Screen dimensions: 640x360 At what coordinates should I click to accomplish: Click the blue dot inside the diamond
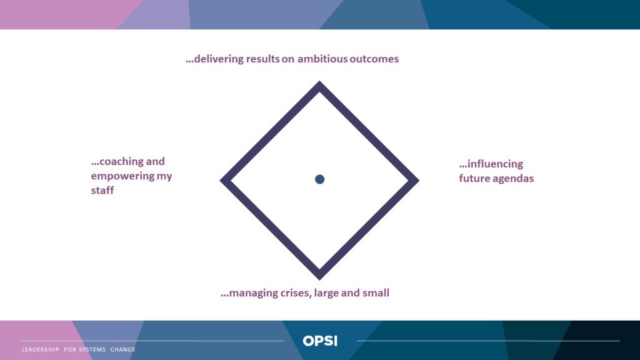(x=319, y=179)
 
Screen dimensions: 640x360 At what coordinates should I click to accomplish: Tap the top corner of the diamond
(x=319, y=82)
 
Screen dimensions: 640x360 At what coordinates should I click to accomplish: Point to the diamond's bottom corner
(x=319, y=279)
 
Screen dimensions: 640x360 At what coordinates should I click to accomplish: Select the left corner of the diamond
(x=221, y=181)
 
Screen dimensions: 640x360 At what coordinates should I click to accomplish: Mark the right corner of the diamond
(x=419, y=181)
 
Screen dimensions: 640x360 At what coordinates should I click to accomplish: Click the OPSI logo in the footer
(x=320, y=341)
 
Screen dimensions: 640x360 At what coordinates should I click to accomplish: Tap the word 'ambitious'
(x=322, y=59)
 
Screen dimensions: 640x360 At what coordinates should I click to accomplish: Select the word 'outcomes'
(x=374, y=59)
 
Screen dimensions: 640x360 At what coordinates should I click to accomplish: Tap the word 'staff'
(x=102, y=190)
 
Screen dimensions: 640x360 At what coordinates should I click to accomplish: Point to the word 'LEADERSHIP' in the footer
(x=41, y=349)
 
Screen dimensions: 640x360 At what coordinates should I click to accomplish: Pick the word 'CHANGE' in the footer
(x=123, y=349)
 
